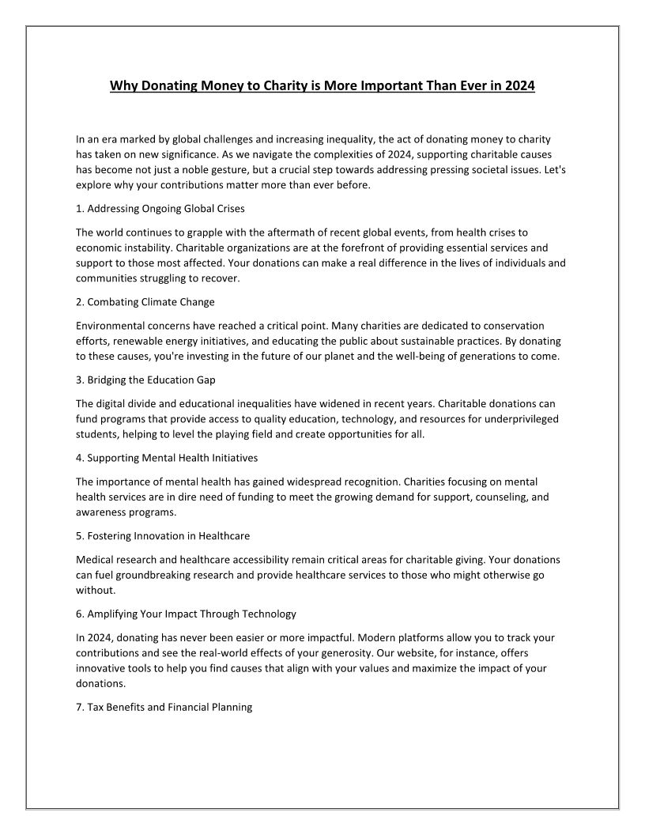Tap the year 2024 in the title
[519, 85]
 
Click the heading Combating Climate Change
[145, 302]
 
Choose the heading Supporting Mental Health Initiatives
[167, 457]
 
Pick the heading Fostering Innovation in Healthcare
[163, 535]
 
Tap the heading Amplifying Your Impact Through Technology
[186, 614]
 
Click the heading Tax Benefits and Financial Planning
[164, 707]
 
